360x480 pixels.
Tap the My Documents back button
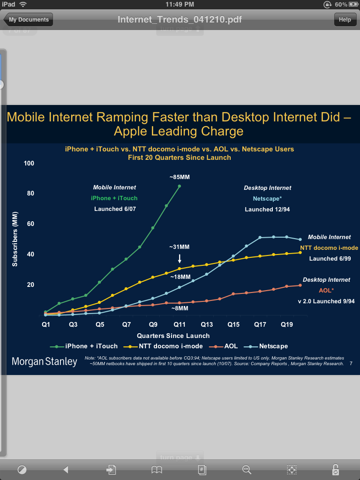click(x=28, y=20)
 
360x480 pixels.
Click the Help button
click(x=345, y=20)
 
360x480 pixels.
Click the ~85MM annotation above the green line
click(x=180, y=177)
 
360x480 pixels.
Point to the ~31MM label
click(x=180, y=247)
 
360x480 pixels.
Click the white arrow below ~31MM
click(x=180, y=258)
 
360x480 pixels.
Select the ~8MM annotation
click(x=180, y=308)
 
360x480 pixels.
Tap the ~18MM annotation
click(x=180, y=277)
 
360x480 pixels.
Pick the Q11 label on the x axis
click(x=180, y=324)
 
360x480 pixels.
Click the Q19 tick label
click(x=287, y=324)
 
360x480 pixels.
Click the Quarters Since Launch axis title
click(x=173, y=336)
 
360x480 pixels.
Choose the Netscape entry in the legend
click(x=270, y=346)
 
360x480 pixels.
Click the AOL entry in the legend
click(x=226, y=346)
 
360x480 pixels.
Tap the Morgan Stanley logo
click(x=45, y=361)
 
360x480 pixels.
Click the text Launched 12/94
click(x=267, y=210)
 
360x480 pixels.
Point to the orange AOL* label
click(x=326, y=291)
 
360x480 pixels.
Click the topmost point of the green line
click(x=180, y=186)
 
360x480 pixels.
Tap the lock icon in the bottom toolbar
click(x=335, y=469)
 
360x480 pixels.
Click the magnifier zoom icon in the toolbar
click(x=246, y=469)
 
